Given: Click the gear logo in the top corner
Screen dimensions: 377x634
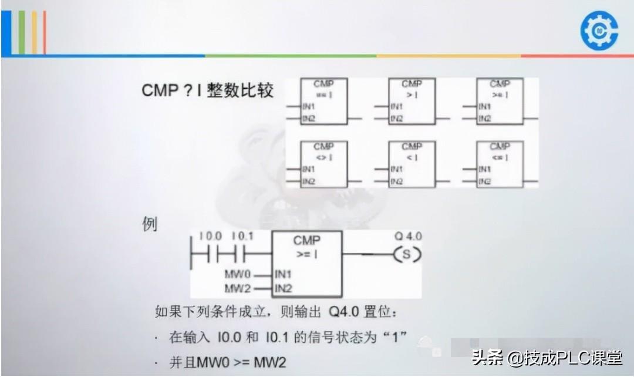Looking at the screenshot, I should [599, 30].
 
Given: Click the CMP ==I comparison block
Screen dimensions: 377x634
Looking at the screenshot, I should [323, 101].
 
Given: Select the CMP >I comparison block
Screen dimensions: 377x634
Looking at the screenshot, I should [412, 101].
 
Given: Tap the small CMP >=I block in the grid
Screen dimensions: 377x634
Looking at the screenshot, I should [500, 101].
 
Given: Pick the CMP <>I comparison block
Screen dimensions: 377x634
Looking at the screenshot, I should [323, 164].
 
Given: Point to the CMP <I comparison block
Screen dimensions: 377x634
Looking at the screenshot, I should [412, 164].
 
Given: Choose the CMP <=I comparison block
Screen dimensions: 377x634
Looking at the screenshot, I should [500, 164].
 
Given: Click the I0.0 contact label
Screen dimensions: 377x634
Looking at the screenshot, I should [210, 236].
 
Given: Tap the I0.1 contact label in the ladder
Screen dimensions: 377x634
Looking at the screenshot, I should [242, 236].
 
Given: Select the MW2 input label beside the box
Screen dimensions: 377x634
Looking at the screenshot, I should [238, 288].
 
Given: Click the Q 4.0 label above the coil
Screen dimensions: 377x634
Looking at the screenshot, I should [408, 236].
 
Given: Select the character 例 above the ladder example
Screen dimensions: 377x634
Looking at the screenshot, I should [150, 224].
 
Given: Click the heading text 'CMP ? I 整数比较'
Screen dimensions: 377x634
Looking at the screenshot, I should [208, 91].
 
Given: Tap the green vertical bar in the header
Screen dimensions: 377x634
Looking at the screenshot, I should [22, 32].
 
